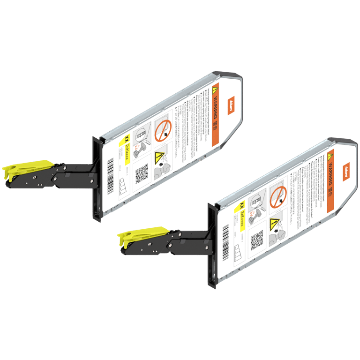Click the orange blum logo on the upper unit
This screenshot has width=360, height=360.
(231, 105)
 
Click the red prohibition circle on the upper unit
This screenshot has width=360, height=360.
(162, 130)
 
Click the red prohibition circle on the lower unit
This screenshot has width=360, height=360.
(277, 195)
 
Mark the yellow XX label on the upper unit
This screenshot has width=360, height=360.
(126, 139)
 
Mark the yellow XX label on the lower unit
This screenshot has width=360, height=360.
(241, 205)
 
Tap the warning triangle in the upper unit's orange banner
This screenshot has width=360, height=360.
(215, 90)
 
